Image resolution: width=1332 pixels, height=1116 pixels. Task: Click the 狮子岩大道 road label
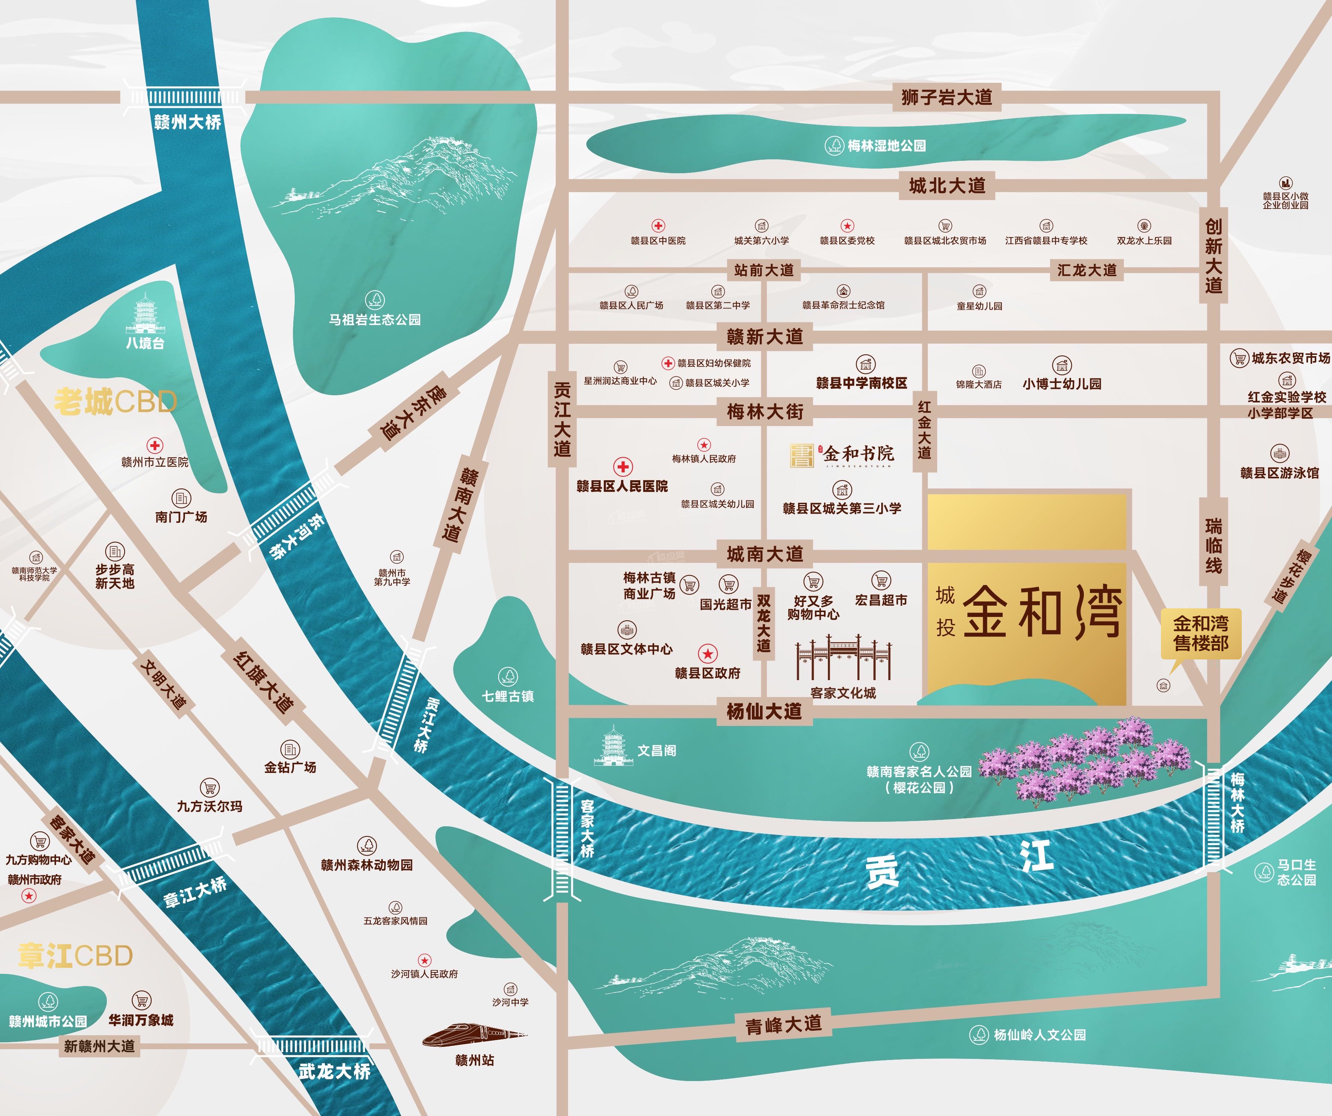pos(946,98)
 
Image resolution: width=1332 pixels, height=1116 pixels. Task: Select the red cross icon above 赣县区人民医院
pos(623,467)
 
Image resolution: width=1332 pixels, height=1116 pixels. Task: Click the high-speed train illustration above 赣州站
pos(474,1036)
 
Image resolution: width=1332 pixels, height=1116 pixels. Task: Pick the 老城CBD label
pos(115,401)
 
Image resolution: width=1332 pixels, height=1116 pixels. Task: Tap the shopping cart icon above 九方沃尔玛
pos(209,788)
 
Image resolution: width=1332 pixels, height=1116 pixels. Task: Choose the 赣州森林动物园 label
pos(367,865)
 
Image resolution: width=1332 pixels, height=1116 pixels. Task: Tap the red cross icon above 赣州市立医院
pos(155,445)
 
